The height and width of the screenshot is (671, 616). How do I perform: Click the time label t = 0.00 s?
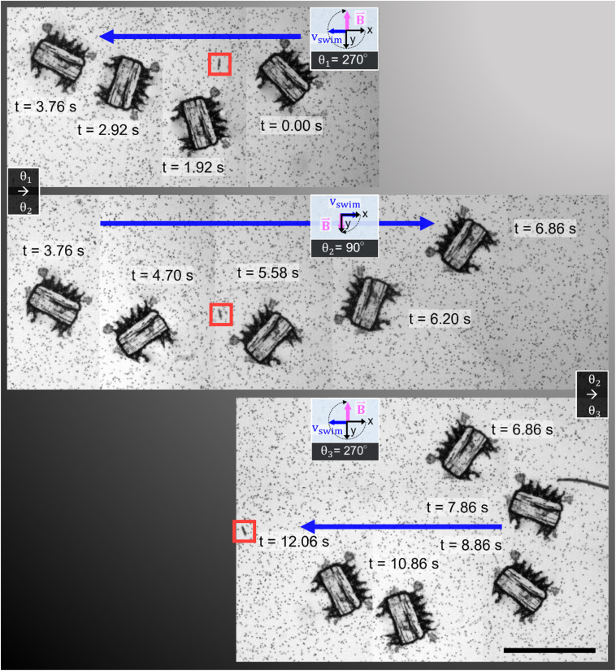tap(291, 126)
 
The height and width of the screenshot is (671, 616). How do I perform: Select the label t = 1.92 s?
tap(193, 167)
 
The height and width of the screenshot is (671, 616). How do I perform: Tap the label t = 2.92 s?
tap(108, 129)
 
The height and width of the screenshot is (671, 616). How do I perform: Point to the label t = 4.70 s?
tap(162, 275)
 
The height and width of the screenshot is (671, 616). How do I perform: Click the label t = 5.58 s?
tap(268, 272)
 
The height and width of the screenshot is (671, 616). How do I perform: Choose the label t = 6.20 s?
tap(440, 319)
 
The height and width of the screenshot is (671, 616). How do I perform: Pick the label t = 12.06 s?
tap(294, 542)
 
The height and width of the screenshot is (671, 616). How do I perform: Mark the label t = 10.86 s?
tap(404, 564)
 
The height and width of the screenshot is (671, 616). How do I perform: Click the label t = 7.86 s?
tap(457, 507)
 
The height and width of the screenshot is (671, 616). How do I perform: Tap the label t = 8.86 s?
tap(471, 545)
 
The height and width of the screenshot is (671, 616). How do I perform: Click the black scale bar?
tap(549, 651)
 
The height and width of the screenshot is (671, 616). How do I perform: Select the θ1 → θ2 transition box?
tap(24, 191)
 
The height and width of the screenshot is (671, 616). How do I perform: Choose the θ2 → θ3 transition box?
tap(592, 394)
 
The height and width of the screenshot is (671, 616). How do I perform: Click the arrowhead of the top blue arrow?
tap(107, 37)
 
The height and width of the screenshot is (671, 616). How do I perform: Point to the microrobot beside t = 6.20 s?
tap(367, 302)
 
